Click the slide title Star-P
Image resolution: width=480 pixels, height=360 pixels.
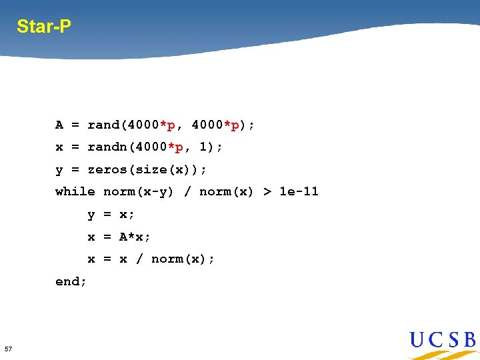click(x=44, y=27)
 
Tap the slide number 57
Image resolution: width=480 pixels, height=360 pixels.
click(x=8, y=349)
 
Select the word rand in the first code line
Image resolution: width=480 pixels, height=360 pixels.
click(x=103, y=125)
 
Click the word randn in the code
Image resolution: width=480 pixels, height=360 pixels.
click(x=107, y=147)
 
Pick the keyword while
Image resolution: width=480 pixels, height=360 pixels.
click(x=75, y=191)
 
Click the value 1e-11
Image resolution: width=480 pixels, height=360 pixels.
click(x=299, y=191)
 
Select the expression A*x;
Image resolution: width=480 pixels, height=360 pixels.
click(x=135, y=237)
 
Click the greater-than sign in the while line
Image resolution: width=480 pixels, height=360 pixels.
click(x=267, y=191)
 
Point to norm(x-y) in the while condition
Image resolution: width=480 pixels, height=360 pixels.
click(x=139, y=191)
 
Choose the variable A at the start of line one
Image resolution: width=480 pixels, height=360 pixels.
click(x=59, y=125)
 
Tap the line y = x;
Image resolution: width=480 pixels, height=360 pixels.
click(x=111, y=215)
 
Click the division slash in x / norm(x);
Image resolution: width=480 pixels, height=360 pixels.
click(x=139, y=259)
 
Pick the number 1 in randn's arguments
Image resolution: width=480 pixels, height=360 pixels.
click(x=203, y=147)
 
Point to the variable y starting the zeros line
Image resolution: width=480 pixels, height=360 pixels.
click(x=59, y=170)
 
